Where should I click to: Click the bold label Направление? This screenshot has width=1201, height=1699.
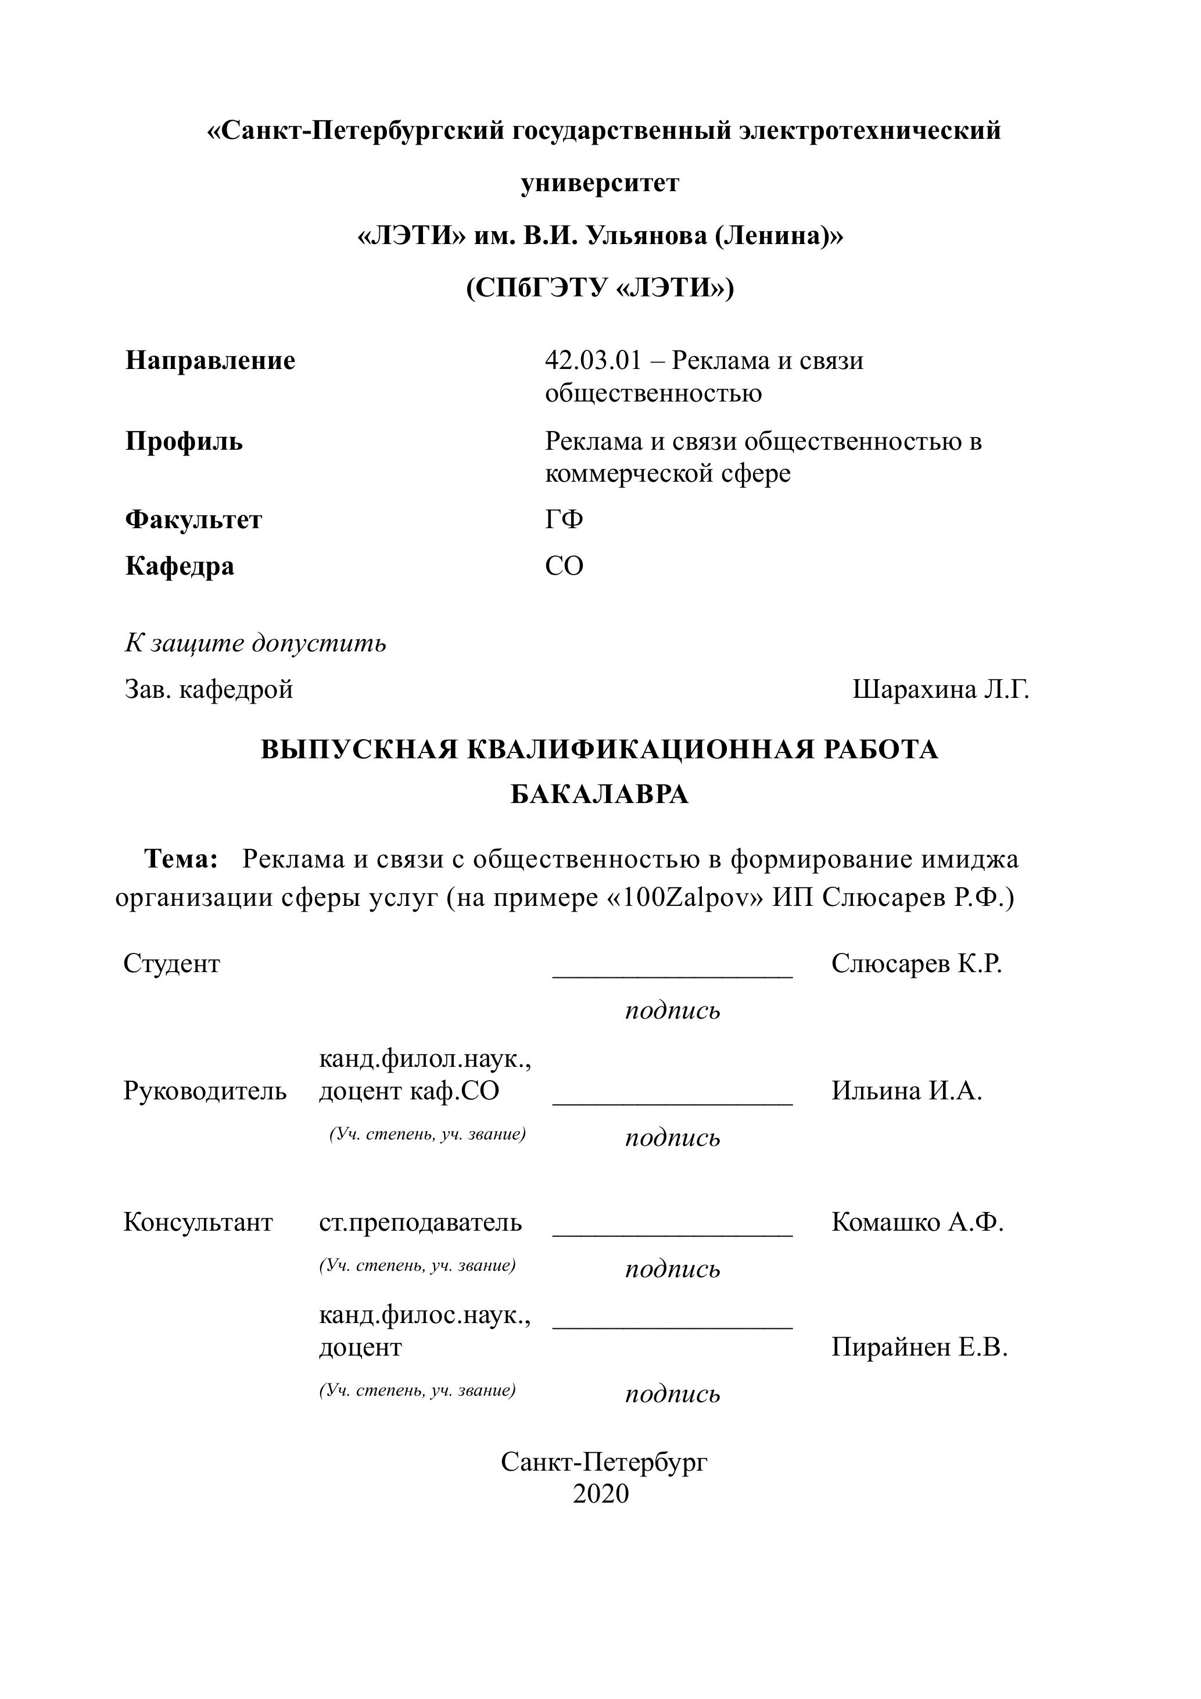(x=210, y=360)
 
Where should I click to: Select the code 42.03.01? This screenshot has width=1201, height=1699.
(x=592, y=360)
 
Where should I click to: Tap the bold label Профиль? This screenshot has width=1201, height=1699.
(x=184, y=441)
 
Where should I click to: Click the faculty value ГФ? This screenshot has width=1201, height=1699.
(x=564, y=519)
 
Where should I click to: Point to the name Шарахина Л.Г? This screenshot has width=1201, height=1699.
(x=941, y=690)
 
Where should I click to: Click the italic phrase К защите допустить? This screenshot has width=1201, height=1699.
(x=255, y=643)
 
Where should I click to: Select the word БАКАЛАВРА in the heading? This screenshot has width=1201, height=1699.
(x=600, y=795)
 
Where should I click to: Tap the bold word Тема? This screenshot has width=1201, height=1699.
(x=181, y=859)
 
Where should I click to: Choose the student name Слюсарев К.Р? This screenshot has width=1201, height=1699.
(x=916, y=963)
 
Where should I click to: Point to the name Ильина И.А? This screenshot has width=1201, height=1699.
(x=906, y=1091)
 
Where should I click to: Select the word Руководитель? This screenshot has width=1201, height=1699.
(x=205, y=1091)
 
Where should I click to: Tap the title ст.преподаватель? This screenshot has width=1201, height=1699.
(x=420, y=1222)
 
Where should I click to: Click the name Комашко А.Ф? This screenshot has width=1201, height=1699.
(x=917, y=1222)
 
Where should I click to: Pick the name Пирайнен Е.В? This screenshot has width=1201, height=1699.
(x=919, y=1347)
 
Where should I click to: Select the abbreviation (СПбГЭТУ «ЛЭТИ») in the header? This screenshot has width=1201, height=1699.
(x=600, y=287)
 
